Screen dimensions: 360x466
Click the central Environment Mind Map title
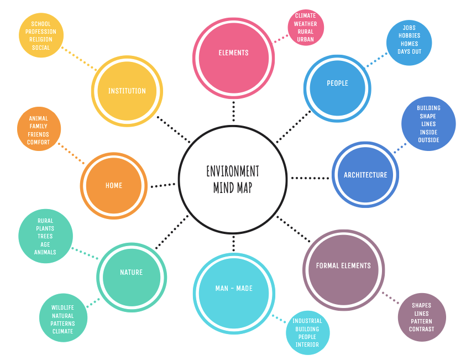click(233, 179)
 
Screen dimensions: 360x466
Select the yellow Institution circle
click(127, 91)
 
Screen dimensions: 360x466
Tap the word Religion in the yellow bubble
click(41, 40)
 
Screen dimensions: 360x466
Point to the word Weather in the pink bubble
click(306, 24)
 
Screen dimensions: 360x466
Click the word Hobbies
click(409, 35)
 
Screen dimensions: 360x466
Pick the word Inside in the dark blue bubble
click(428, 132)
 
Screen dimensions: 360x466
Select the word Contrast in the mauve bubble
click(422, 329)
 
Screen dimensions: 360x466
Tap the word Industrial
click(307, 321)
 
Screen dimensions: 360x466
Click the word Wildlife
click(62, 307)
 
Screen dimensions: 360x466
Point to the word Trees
click(45, 236)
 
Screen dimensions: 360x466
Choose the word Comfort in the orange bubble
click(39, 143)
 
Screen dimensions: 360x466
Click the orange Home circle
click(114, 186)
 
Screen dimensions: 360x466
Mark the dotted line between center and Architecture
click(310, 178)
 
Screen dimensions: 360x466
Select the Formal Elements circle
click(343, 266)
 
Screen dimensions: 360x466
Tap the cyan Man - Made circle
click(234, 289)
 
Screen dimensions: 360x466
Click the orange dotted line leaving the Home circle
click(71, 155)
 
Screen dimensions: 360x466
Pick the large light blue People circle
click(337, 84)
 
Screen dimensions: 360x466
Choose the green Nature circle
click(132, 273)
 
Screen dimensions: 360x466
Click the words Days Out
click(409, 52)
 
